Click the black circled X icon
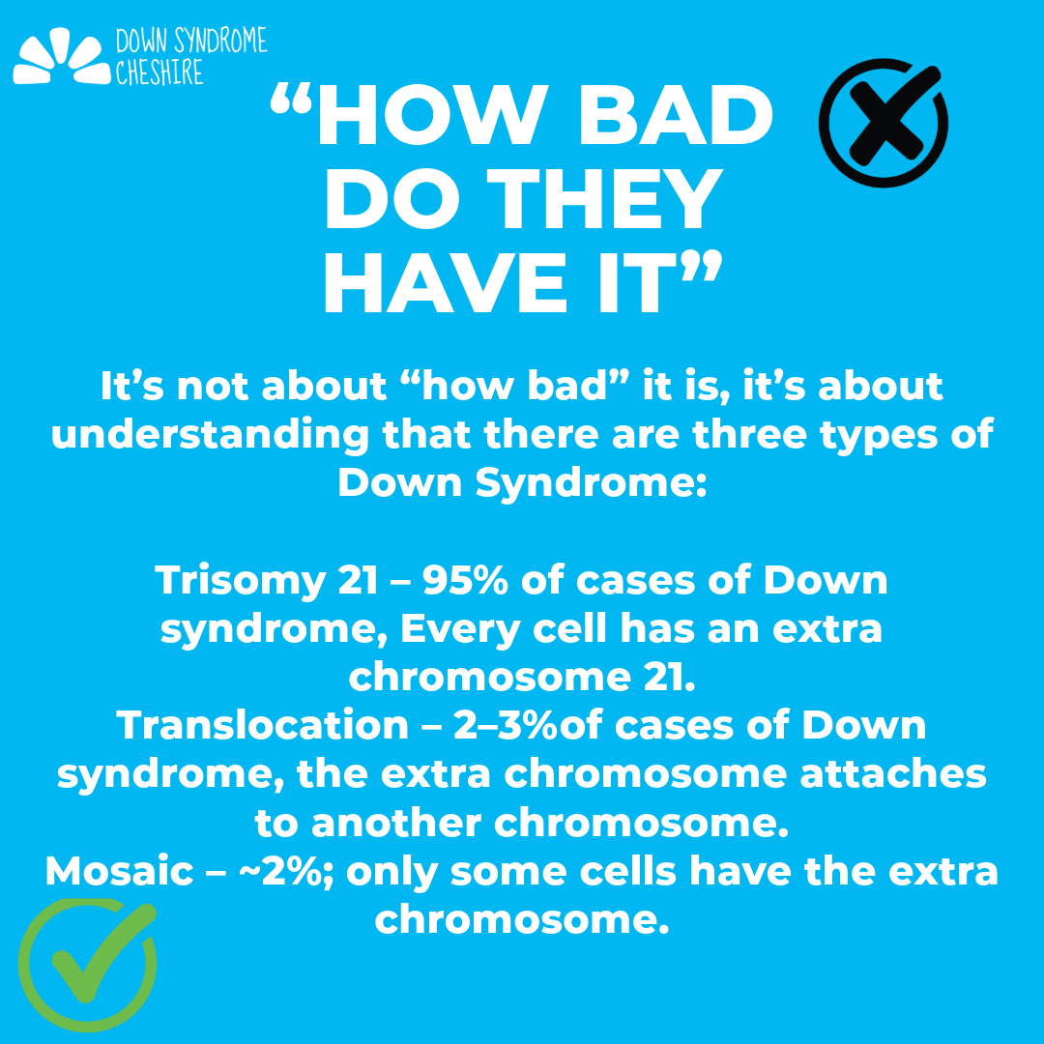[883, 124]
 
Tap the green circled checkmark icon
[87, 964]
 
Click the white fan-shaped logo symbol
[61, 57]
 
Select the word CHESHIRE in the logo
[159, 72]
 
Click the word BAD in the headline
[675, 116]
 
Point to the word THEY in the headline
[605, 199]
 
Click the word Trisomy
[241, 582]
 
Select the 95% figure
[465, 580]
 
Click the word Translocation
[262, 725]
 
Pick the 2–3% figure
[506, 725]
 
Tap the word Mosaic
[119, 871]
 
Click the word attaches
[893, 773]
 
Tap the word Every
[460, 630]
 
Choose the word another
[396, 823]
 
